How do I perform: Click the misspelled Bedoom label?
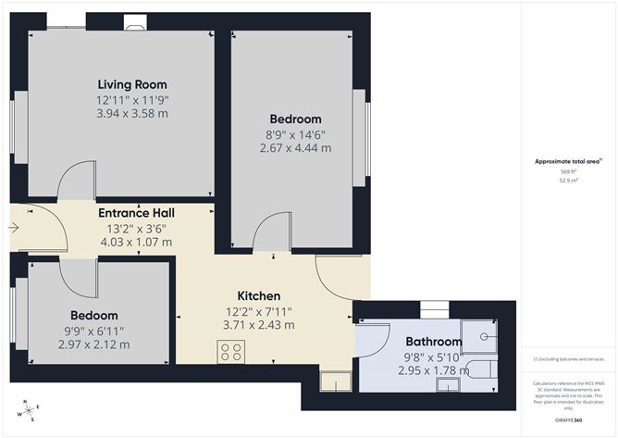click(x=91, y=315)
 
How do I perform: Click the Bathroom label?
click(x=433, y=341)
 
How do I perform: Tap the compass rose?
click(x=31, y=410)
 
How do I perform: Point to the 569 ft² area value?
click(x=567, y=172)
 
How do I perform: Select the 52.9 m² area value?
click(x=567, y=181)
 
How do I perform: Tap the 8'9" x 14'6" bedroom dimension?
click(x=296, y=134)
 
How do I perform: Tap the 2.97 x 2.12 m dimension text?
click(x=91, y=344)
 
